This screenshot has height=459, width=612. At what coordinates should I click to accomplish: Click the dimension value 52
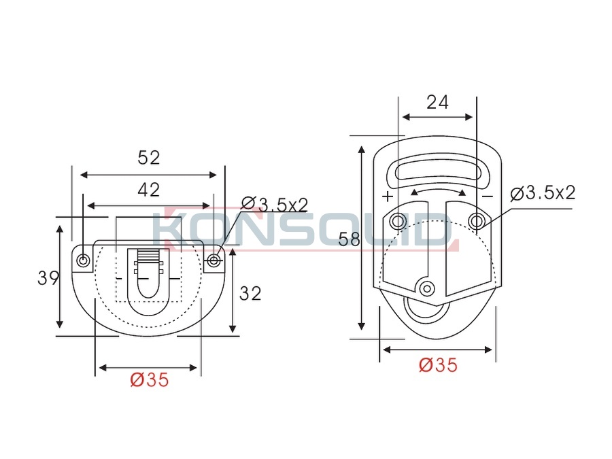[x=149, y=158]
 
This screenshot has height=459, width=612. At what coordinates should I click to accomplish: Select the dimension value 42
[x=149, y=190]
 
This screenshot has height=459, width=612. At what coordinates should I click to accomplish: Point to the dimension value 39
[x=48, y=278]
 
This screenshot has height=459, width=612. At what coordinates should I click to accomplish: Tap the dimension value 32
[x=250, y=294]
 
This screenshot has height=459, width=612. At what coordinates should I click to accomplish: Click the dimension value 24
[x=437, y=102]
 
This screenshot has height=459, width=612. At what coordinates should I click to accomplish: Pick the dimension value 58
[x=349, y=239]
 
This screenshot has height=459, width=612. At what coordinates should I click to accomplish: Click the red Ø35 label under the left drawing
[x=150, y=379]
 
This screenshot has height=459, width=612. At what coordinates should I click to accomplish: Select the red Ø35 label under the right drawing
[x=438, y=365]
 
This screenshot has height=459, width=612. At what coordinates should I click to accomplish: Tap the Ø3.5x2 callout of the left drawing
[x=275, y=205]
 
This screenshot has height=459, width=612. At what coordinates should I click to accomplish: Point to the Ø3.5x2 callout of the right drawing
[x=543, y=193]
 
